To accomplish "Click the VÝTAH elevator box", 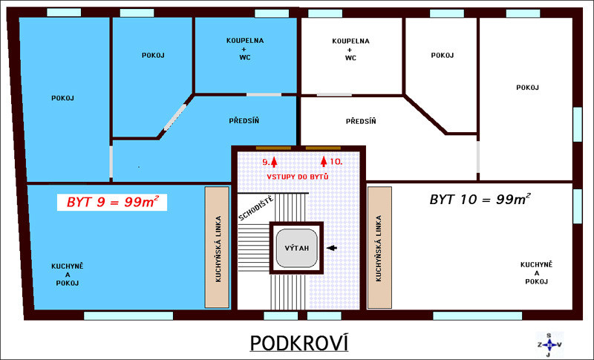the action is coord(296,248).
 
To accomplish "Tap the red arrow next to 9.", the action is coord(274,162).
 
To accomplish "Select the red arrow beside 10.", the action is coord(324,161).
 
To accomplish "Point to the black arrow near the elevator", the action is coord(332,248).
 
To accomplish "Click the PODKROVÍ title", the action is coord(299,344).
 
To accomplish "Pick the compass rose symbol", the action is coord(549,344).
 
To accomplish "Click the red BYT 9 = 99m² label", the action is coord(112,202).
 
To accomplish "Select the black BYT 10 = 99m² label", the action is coord(480,199).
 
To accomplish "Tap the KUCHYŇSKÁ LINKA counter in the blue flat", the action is coord(217,247).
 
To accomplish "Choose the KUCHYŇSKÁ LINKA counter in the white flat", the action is coord(379,247).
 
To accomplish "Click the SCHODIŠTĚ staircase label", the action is coord(255,209).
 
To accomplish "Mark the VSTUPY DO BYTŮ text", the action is coord(298,177).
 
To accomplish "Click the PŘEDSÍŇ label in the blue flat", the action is coord(244,121).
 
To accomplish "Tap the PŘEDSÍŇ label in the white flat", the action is coord(361,121).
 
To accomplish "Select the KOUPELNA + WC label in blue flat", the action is coord(245,49).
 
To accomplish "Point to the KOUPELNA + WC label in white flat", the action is coord(350,49).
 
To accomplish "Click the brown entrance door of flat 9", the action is coord(273,148).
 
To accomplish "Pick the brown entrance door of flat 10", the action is coord(323,148).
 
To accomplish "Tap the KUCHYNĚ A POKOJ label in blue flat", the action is coord(68,275).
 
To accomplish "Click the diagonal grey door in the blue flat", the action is coord(175,117).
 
